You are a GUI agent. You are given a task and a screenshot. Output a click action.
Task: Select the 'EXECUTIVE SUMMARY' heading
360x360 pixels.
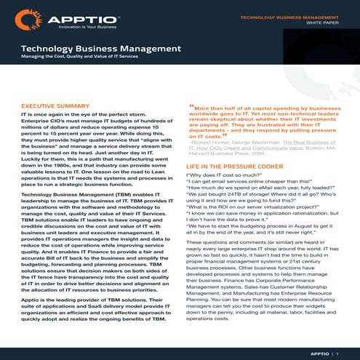pyautogui.click(x=55, y=106)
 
